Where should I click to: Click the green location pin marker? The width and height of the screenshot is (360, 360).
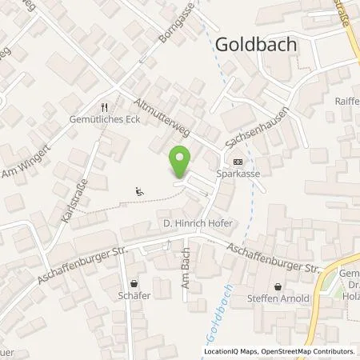181,162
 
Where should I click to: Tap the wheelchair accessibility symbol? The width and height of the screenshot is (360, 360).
140,190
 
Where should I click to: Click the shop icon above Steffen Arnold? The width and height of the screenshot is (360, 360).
278,286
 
